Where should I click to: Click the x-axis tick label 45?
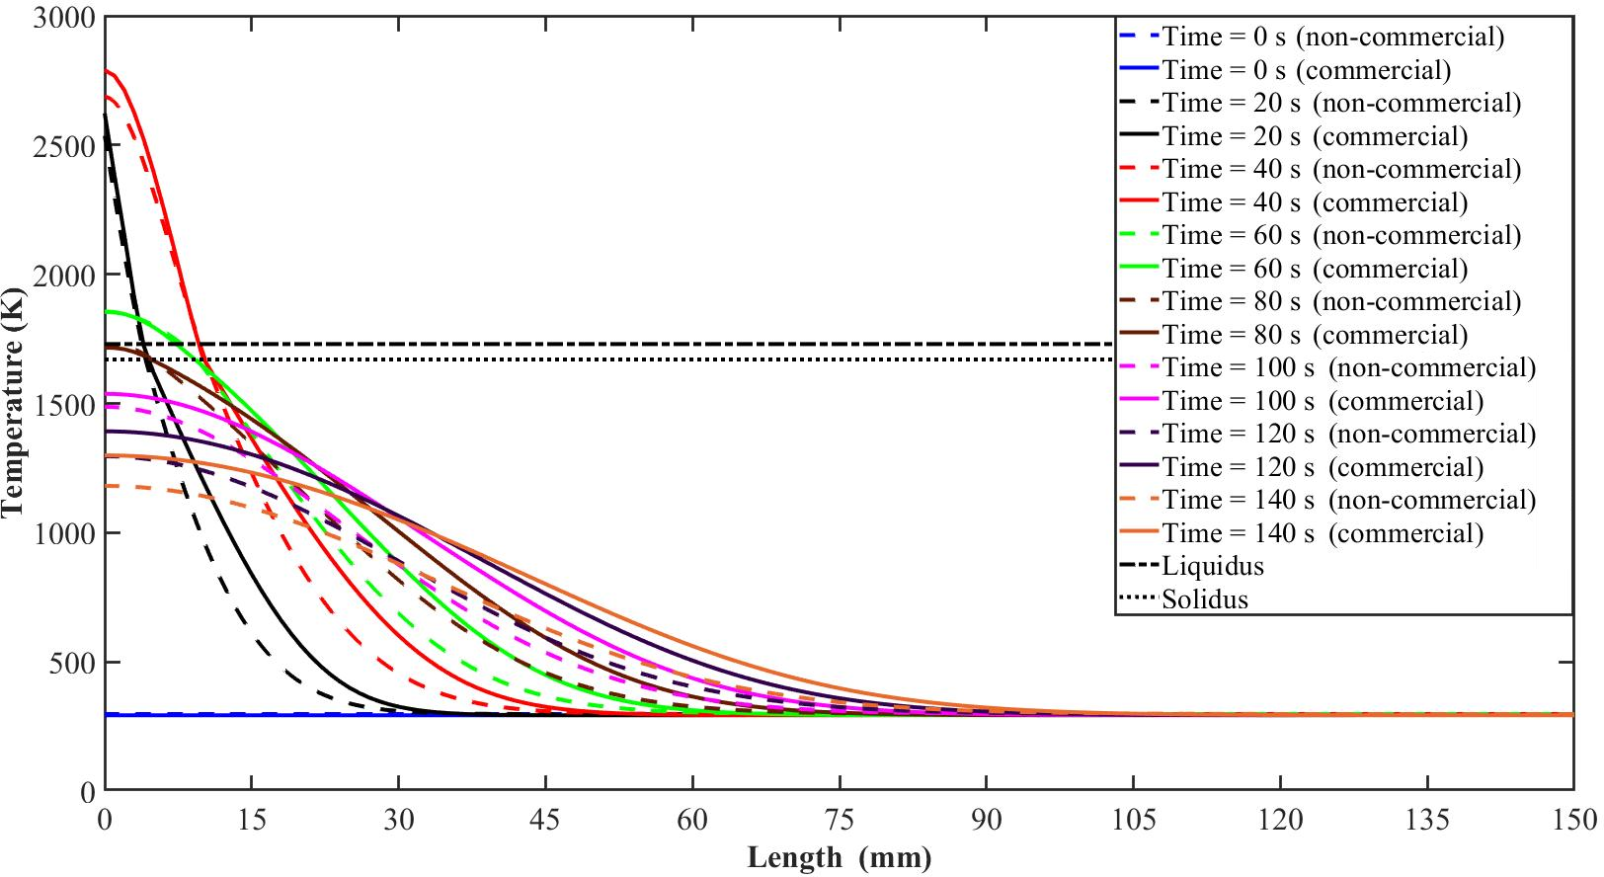point(544,820)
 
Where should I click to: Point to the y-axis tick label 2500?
point(64,146)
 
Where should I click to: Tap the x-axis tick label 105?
point(1133,820)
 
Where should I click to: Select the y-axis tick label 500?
point(73,663)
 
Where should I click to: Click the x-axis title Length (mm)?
point(839,857)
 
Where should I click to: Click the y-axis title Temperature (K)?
point(13,403)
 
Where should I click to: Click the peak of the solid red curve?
point(106,71)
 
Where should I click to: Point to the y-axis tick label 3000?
point(64,18)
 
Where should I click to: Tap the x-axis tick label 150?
point(1574,820)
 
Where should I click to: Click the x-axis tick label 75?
point(839,820)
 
